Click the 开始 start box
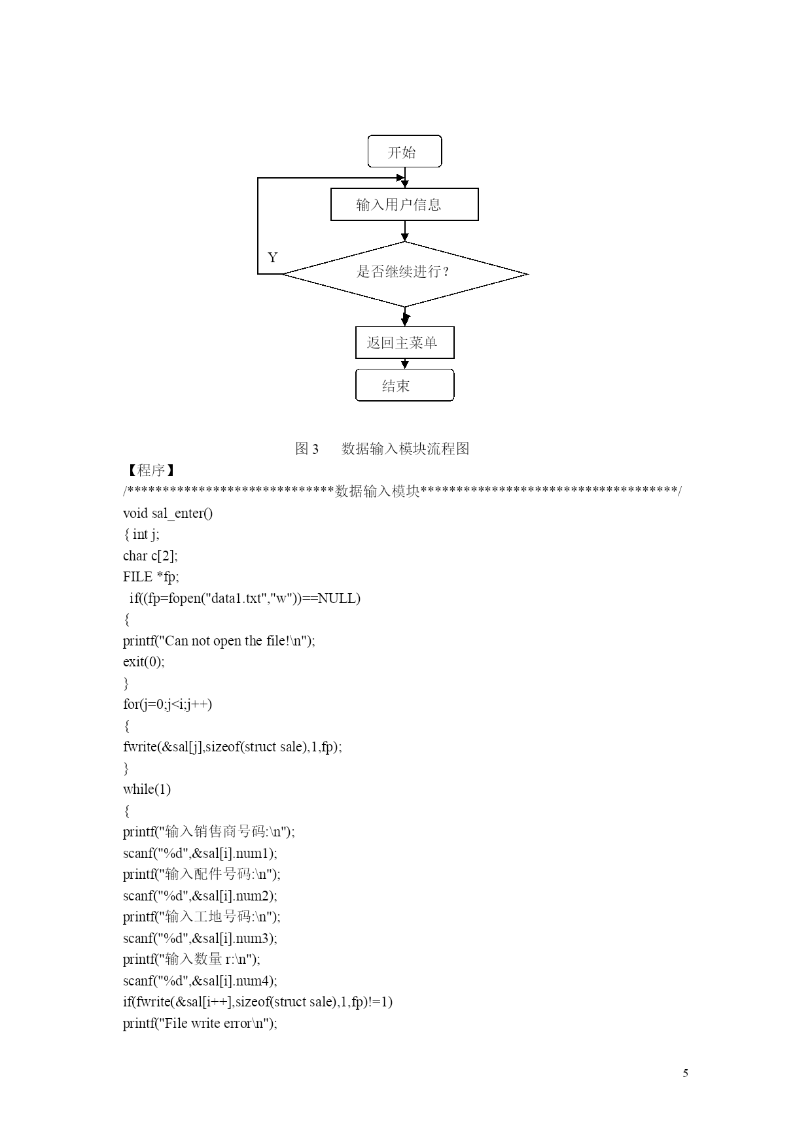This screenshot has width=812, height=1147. coord(404,152)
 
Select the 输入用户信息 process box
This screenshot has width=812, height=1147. coord(404,205)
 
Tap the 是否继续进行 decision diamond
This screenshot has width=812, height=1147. coord(404,274)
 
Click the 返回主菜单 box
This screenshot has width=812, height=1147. coord(404,343)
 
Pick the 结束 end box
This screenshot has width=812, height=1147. coord(404,385)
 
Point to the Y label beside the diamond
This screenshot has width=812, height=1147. coord(273,258)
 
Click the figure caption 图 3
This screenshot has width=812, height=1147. coord(307,449)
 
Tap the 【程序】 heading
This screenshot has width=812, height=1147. coord(149,470)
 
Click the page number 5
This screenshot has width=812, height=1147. coord(685,1073)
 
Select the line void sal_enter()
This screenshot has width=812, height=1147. coord(168,513)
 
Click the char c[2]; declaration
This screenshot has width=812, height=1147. coord(150,556)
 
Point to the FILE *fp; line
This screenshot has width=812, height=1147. coord(151,577)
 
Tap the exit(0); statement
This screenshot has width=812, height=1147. coord(144,662)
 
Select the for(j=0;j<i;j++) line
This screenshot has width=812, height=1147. coord(168,704)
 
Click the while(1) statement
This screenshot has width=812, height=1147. coord(147,789)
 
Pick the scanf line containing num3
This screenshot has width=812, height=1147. coord(200,938)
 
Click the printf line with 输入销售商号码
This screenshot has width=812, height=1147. coord(209,832)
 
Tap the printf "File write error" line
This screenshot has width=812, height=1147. coord(200,1023)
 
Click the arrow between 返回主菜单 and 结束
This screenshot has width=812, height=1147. coord(405,364)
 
